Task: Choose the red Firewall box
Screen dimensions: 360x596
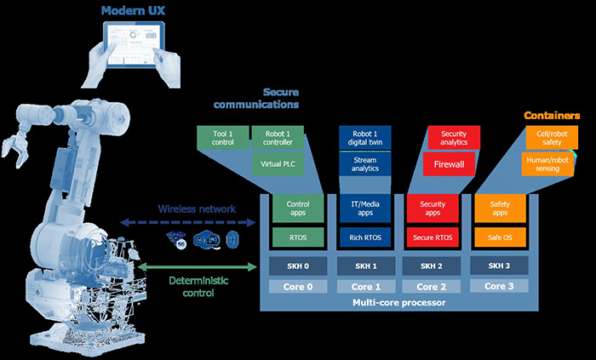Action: pyautogui.click(x=448, y=163)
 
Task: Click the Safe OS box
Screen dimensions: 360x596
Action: pyautogui.click(x=500, y=237)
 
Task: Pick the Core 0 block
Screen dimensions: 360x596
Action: pyautogui.click(x=297, y=287)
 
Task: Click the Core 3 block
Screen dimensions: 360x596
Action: pyautogui.click(x=500, y=287)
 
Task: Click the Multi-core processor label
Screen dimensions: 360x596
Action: pyautogui.click(x=398, y=303)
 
